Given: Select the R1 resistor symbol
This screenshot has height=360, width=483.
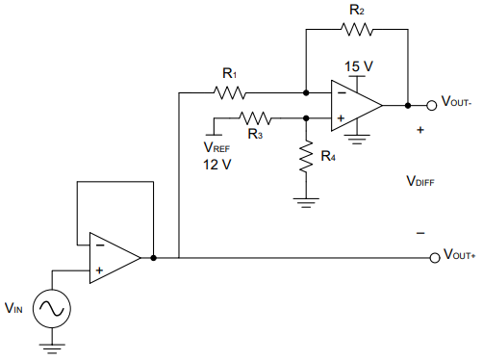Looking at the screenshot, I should click(231, 93).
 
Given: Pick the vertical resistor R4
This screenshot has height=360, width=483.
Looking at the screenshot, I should click(306, 158).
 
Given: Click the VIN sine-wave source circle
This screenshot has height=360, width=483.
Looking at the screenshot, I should click(50, 308).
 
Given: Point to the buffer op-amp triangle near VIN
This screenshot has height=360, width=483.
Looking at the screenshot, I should click(112, 258).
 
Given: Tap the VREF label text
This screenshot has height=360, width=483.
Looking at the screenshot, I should click(216, 147).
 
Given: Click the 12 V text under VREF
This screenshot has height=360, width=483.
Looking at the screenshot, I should click(217, 165).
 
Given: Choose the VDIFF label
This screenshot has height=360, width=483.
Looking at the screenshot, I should click(420, 180).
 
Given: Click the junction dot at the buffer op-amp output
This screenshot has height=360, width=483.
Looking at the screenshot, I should click(153, 258).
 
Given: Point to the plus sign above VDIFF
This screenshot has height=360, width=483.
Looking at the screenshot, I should click(419, 128).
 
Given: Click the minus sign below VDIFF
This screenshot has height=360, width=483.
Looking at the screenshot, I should click(419, 233).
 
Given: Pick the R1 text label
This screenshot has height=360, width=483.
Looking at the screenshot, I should click(229, 73).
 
